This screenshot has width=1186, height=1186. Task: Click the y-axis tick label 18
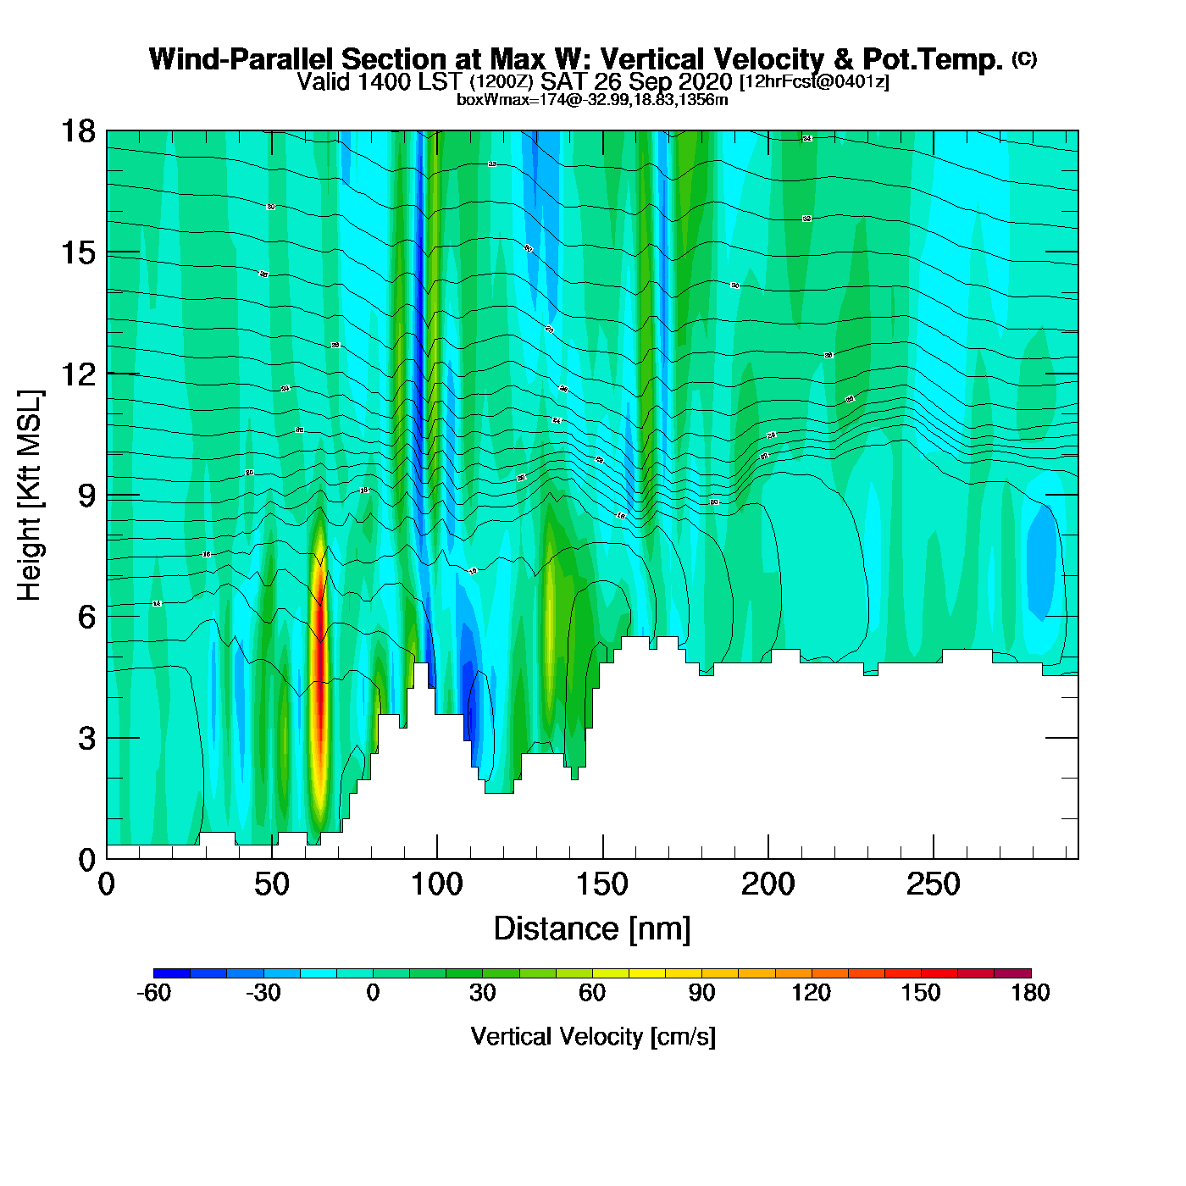[x=77, y=131]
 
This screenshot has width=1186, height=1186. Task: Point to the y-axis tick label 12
[x=77, y=374]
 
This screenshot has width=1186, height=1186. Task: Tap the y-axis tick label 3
[x=86, y=738]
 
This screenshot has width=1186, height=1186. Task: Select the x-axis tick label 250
[x=933, y=885]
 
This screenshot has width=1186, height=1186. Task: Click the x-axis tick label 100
[x=436, y=885]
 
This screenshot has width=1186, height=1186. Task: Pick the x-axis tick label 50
[x=271, y=885]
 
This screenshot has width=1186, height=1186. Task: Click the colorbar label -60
[x=153, y=993]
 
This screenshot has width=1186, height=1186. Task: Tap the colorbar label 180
[x=1030, y=993]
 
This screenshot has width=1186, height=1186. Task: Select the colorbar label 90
[x=701, y=993]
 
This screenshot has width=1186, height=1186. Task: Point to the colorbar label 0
[x=373, y=993]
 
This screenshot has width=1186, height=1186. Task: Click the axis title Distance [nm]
[x=592, y=929]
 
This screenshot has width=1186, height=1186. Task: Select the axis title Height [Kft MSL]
[x=30, y=496]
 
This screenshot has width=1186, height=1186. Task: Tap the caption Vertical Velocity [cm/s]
[x=593, y=1036]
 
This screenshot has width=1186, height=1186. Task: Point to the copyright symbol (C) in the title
[x=1024, y=58]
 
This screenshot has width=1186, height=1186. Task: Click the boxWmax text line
[x=592, y=100]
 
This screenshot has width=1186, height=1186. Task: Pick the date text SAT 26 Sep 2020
[x=636, y=82]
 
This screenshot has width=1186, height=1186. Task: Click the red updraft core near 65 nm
[x=319, y=661]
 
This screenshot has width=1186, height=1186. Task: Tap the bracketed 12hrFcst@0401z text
[x=814, y=82]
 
